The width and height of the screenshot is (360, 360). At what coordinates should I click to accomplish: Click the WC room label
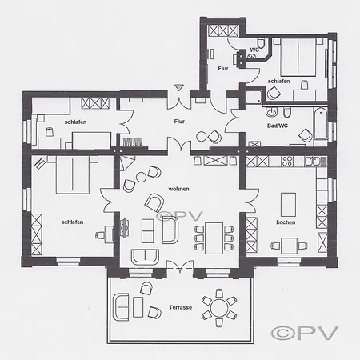[x=254, y=50]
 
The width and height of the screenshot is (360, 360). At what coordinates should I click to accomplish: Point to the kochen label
[x=286, y=222]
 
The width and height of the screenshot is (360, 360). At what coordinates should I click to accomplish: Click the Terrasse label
[x=180, y=307]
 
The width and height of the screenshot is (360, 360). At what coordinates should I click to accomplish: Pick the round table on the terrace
[x=218, y=308]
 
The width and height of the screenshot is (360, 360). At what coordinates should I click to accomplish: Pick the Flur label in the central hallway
[x=179, y=122]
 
